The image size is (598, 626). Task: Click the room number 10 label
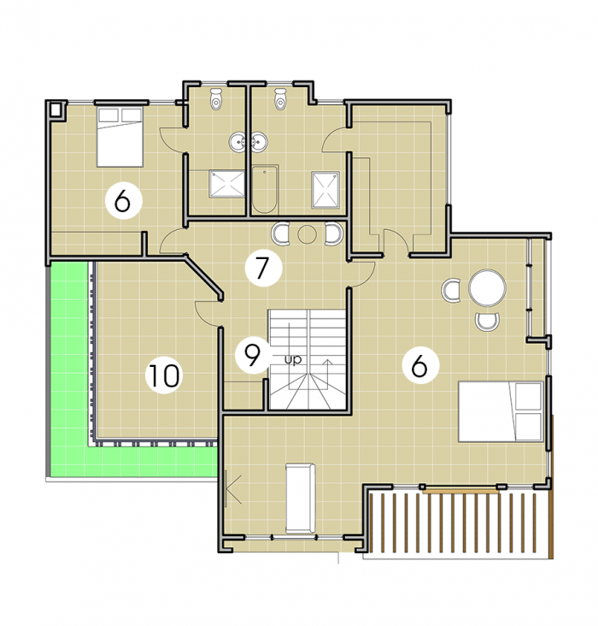[x=164, y=375]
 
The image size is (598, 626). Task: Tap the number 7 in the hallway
[x=262, y=267]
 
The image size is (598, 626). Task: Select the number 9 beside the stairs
[x=253, y=355]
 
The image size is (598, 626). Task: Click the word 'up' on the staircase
[x=293, y=359]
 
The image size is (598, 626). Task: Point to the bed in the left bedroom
[x=120, y=137]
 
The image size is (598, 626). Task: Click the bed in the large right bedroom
[x=501, y=411]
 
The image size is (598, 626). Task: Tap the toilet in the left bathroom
[x=216, y=98]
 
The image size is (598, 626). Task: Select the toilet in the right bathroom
[x=280, y=98]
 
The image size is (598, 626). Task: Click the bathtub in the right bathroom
[x=265, y=189]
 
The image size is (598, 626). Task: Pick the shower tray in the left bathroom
[x=226, y=184]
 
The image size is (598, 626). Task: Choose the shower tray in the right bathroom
[x=326, y=190]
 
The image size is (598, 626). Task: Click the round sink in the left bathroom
[x=238, y=142]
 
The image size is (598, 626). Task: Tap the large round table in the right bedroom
[x=487, y=288]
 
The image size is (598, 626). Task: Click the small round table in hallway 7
[x=307, y=234]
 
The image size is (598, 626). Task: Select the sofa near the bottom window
[x=301, y=499]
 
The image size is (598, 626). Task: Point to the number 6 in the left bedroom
[x=122, y=201]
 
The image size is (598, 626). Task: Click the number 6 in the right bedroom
[x=419, y=365]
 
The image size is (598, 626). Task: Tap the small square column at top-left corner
[x=56, y=109]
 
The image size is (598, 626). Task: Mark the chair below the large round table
[x=487, y=322]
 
